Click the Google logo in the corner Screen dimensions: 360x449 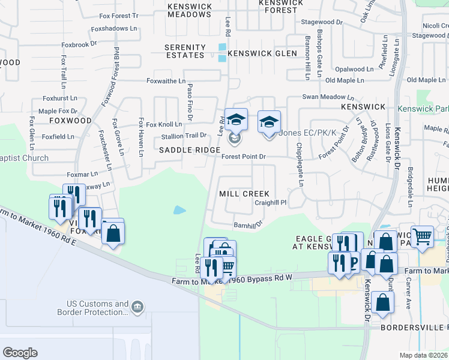(20, 352)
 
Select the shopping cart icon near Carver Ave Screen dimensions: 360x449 (423, 236)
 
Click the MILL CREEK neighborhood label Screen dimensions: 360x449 (244, 194)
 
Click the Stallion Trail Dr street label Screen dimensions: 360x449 (184, 136)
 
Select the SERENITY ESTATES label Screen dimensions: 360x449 (185, 51)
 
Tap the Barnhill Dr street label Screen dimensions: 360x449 (249, 225)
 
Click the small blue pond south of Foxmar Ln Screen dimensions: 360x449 (179, 210)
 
